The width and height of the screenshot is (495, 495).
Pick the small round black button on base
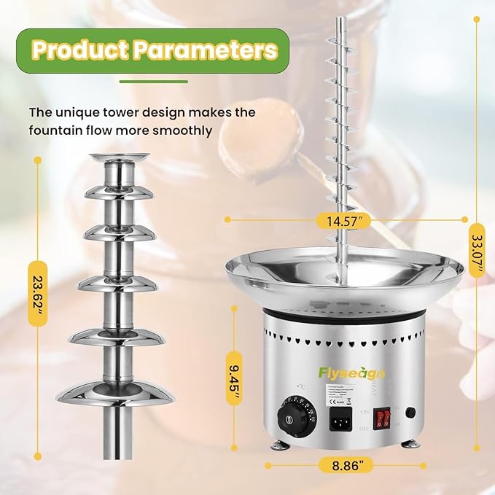pos(410,412)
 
